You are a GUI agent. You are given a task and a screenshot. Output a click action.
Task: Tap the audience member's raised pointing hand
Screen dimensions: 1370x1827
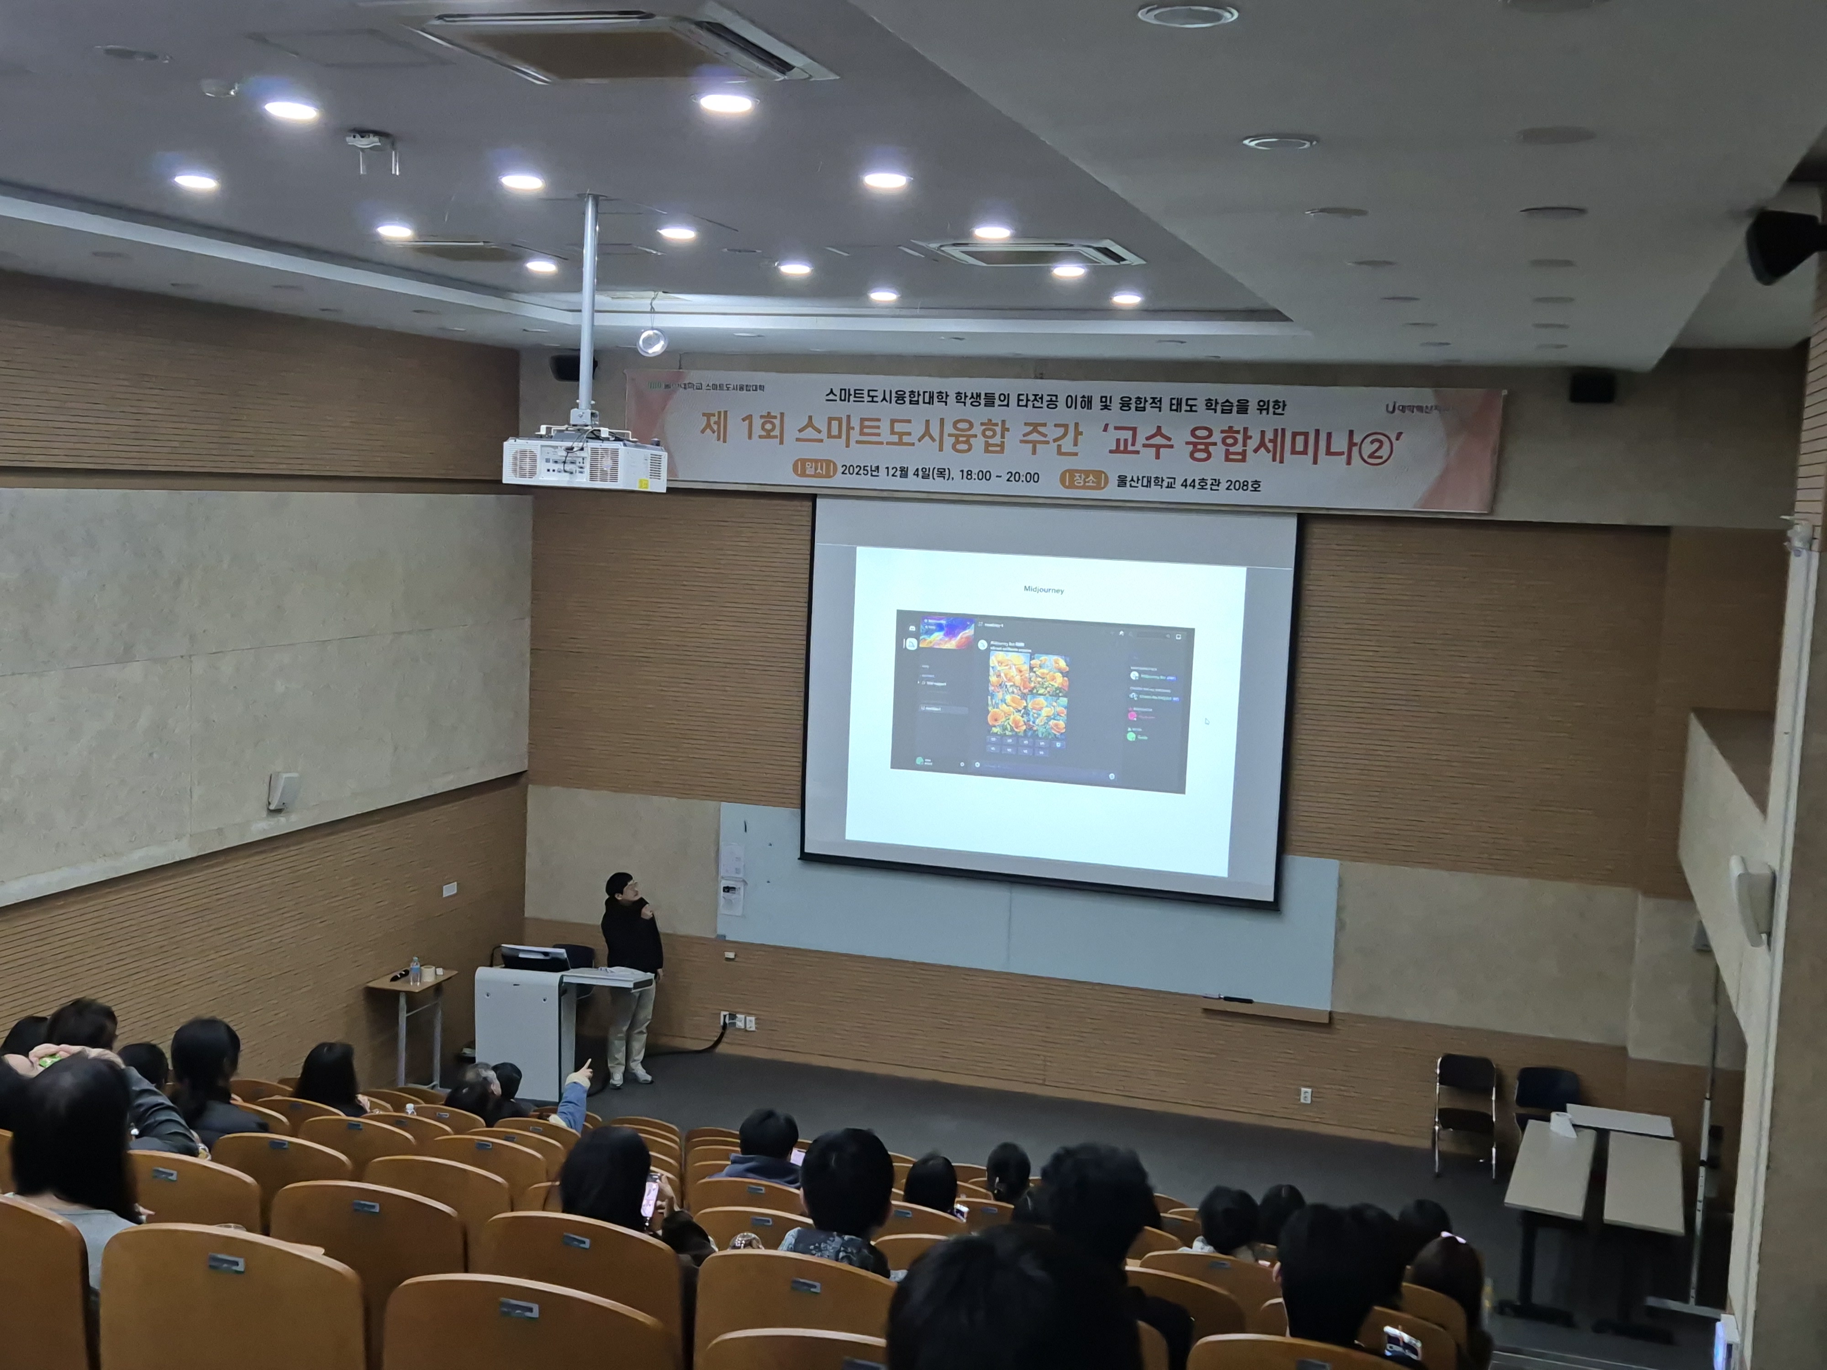tap(583, 1071)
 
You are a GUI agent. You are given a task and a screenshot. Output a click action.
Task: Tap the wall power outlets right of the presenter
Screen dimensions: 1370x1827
tap(738, 1022)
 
